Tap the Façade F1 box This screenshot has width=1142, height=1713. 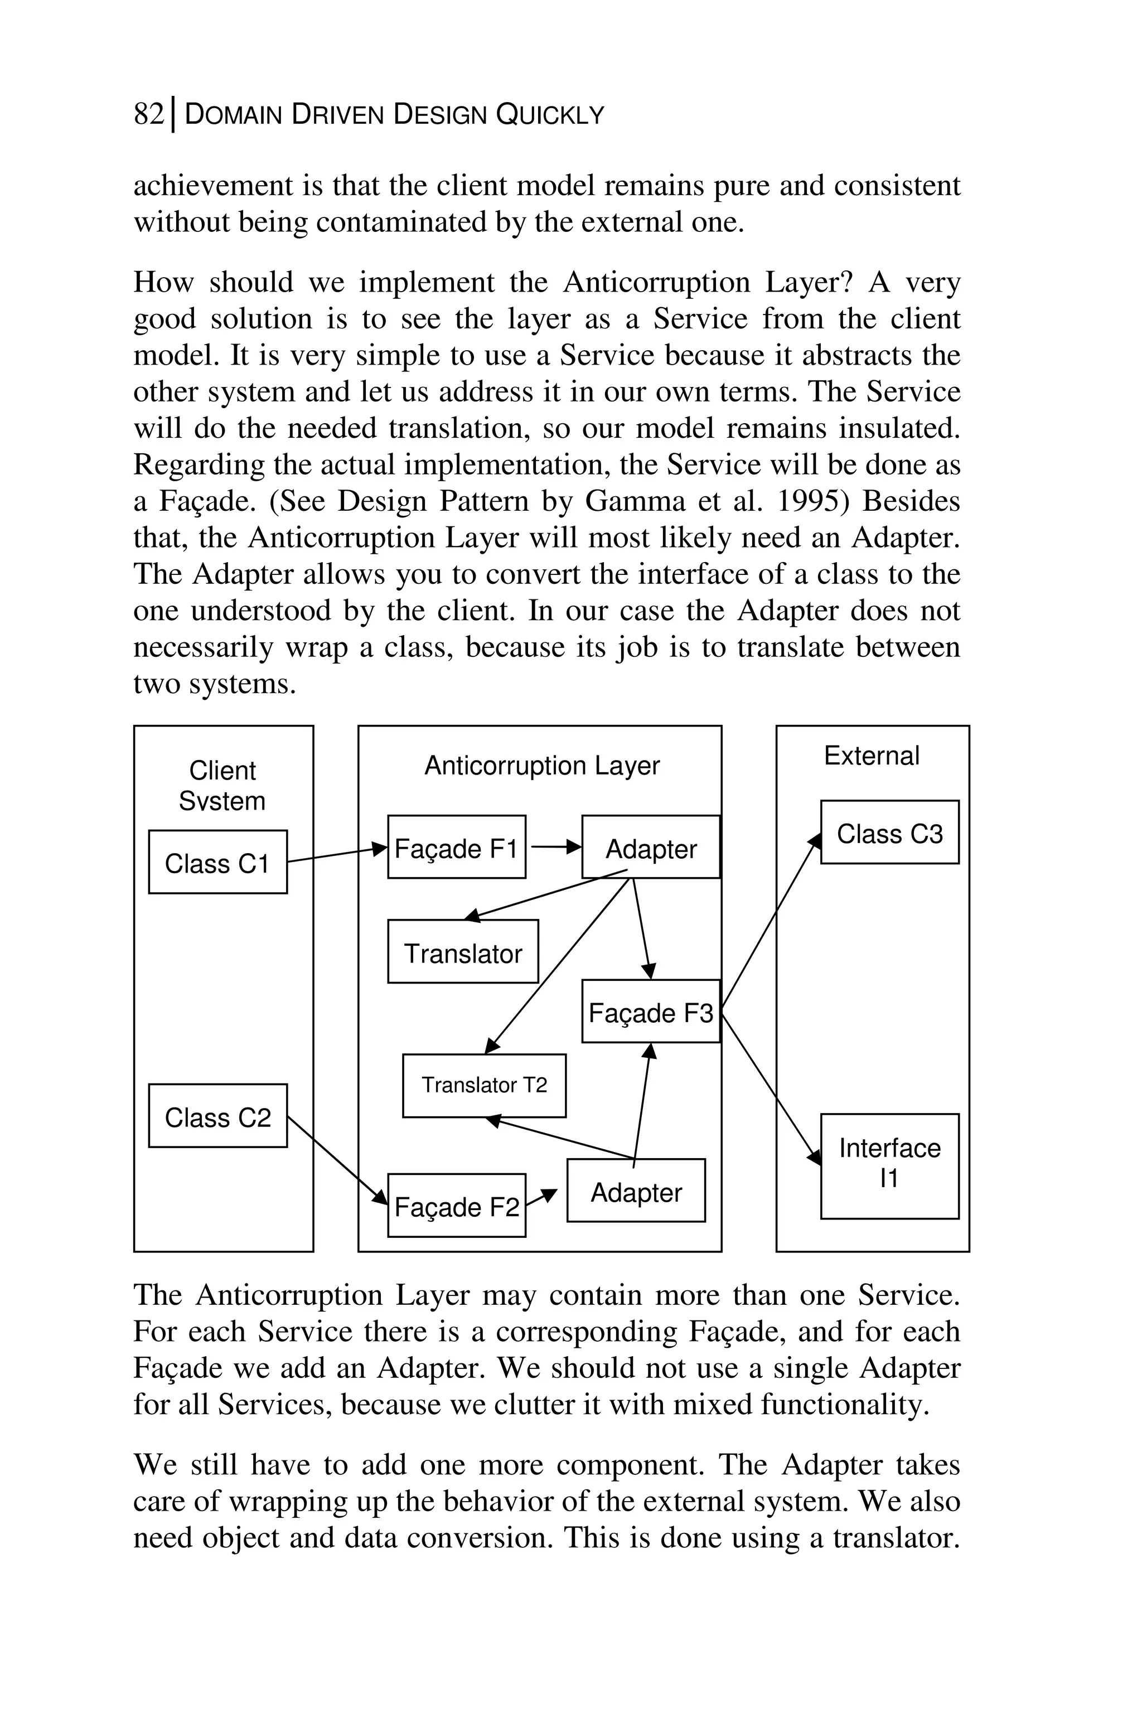(x=456, y=847)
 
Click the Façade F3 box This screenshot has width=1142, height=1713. (x=650, y=1011)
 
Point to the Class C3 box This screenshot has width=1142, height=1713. (x=889, y=833)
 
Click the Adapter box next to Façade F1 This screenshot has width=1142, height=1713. (x=650, y=847)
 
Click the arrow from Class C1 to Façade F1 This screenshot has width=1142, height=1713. (x=336, y=854)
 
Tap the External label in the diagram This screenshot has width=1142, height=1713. (x=871, y=755)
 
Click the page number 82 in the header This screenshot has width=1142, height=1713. (x=148, y=114)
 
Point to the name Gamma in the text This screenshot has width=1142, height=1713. (x=621, y=501)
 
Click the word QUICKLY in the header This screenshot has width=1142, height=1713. (x=550, y=115)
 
